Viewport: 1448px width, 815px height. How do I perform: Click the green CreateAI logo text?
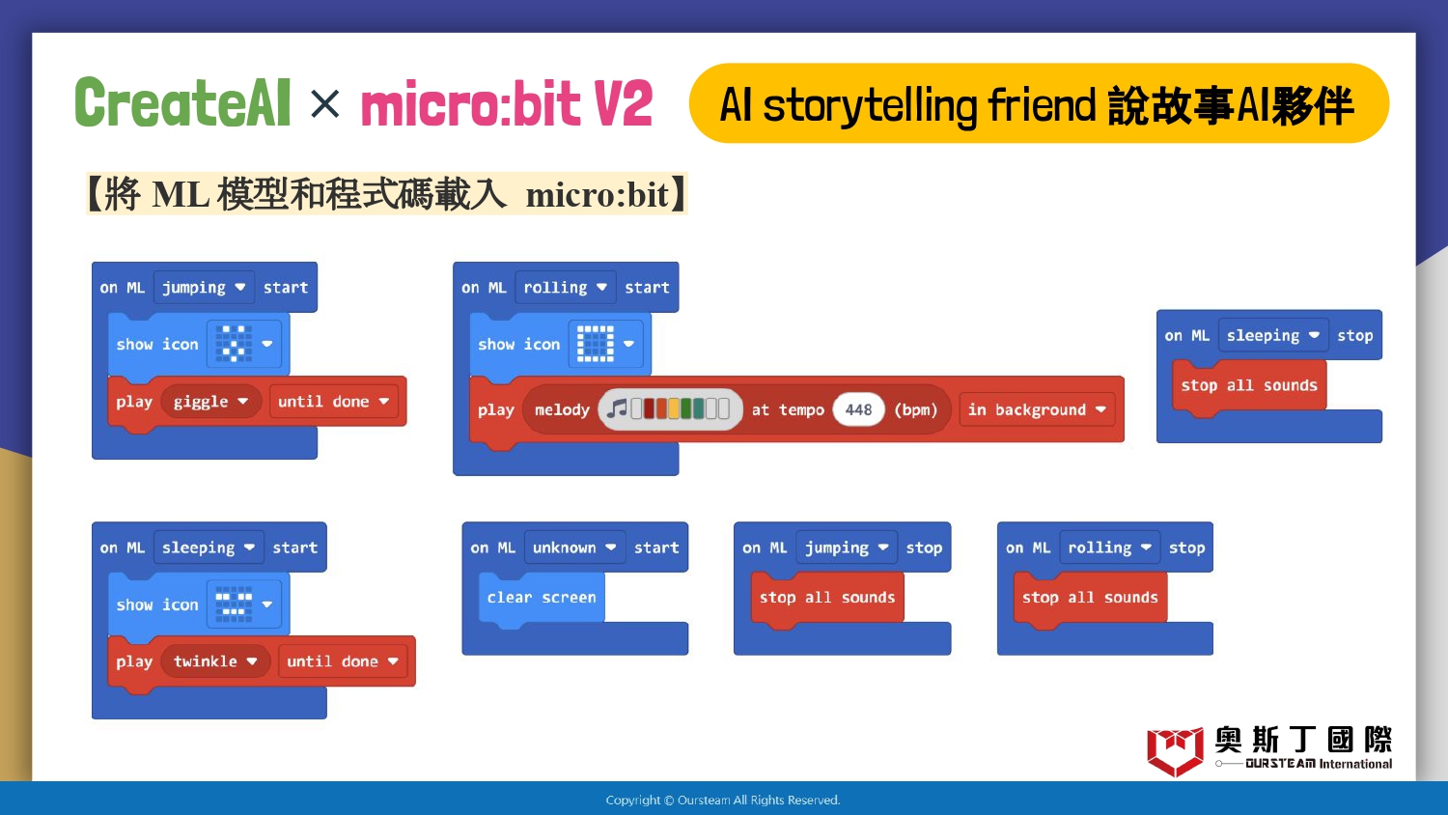(x=183, y=102)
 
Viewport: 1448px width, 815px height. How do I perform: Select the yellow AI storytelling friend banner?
(x=1039, y=103)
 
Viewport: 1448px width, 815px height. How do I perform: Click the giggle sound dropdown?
(x=210, y=402)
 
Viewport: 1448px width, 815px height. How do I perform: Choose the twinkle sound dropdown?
(x=215, y=661)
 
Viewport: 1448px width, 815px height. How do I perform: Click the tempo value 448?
(x=858, y=409)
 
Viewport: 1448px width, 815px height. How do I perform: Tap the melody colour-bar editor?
(x=670, y=408)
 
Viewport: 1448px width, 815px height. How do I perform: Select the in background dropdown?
(x=1037, y=409)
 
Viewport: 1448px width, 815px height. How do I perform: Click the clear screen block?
(x=542, y=598)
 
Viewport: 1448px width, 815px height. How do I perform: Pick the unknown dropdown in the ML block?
(x=574, y=548)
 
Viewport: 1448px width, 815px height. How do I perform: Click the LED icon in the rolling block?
(x=595, y=344)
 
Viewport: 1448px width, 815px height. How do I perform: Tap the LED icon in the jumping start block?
(x=234, y=344)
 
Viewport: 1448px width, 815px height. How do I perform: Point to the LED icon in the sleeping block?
(x=234, y=604)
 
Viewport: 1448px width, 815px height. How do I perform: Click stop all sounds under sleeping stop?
(x=1249, y=386)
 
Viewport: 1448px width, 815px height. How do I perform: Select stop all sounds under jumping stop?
(x=827, y=598)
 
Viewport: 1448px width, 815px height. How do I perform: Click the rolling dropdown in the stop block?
(x=1109, y=548)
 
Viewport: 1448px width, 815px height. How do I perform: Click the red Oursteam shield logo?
(x=1175, y=751)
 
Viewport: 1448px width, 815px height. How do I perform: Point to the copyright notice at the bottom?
(x=723, y=801)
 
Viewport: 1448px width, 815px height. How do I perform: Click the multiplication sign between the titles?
(x=324, y=103)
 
